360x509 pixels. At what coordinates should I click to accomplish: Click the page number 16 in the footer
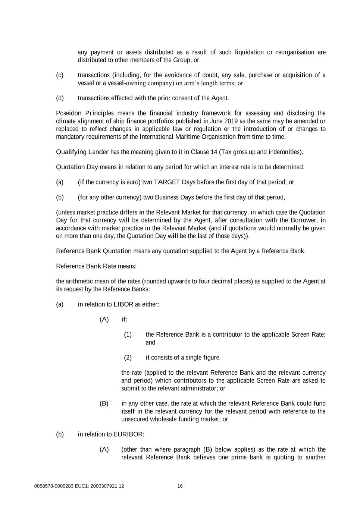pyautogui.click(x=180, y=486)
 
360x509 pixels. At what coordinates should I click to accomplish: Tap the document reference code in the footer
pyautogui.click(x=79, y=486)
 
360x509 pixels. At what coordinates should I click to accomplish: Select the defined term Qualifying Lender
pyautogui.click(x=82, y=152)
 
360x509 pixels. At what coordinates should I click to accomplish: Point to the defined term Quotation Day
pyautogui.click(x=77, y=167)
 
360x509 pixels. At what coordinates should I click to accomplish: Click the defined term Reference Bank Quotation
pyautogui.click(x=94, y=251)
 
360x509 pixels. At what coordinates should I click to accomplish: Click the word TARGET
pyautogui.click(x=167, y=182)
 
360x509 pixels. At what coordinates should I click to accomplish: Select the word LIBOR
pyautogui.click(x=123, y=304)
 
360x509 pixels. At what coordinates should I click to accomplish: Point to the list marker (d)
pyautogui.click(x=60, y=98)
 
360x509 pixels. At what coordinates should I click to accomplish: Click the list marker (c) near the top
pyautogui.click(x=60, y=75)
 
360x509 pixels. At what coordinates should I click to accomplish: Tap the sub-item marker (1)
pyautogui.click(x=128, y=334)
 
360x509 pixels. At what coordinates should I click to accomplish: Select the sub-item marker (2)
pyautogui.click(x=128, y=358)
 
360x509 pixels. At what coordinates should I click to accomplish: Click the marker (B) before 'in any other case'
pyautogui.click(x=104, y=403)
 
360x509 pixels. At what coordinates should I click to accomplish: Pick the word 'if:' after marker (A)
pyautogui.click(x=124, y=320)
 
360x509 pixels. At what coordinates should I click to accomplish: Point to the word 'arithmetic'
pyautogui.click(x=81, y=281)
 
